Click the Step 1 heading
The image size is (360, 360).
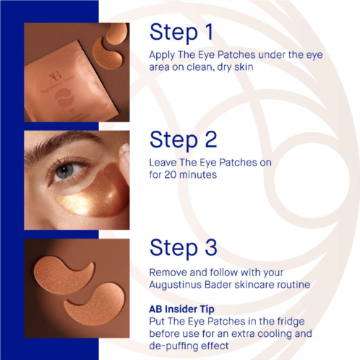pos(181,33)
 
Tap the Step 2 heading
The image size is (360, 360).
pos(183,140)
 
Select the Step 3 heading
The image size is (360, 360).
pos(183,248)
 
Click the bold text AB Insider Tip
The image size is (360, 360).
pos(181,309)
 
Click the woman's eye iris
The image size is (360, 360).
pos(64,171)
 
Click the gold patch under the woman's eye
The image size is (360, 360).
pos(93,194)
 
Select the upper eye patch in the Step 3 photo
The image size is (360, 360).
pos(62,275)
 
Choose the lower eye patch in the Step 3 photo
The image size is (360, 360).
pos(96,304)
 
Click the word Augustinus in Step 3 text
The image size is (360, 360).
pos(176,285)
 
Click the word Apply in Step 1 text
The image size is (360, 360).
pos(162,56)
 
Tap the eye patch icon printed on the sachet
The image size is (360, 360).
pos(64,98)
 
